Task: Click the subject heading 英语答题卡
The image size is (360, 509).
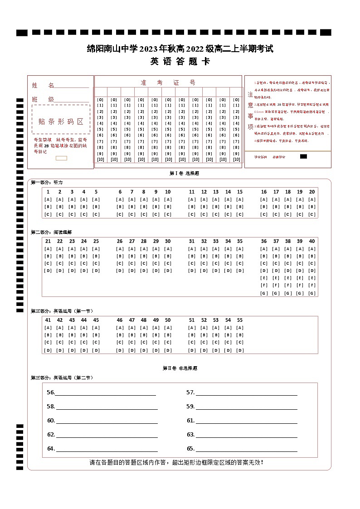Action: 180,62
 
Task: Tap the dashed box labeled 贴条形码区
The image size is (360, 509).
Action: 61,121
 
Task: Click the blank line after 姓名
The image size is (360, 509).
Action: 72,86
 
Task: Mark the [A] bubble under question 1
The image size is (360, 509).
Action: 48,199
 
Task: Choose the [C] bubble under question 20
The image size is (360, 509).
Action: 312,214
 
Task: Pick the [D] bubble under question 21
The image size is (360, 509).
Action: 48,271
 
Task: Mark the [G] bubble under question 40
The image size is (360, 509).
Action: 312,293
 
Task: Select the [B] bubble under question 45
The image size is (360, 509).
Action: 96,335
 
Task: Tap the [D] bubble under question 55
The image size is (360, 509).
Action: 240,350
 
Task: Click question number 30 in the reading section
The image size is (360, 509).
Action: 168,241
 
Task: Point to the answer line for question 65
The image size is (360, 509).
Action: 246,450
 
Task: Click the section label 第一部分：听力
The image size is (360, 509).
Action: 47,182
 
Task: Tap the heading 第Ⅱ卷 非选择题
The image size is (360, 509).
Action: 180,368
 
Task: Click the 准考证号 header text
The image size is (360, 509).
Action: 168,82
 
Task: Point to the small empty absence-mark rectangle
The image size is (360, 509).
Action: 61,158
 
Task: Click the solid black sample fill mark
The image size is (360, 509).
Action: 304,156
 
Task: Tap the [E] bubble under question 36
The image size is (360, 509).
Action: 264,278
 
